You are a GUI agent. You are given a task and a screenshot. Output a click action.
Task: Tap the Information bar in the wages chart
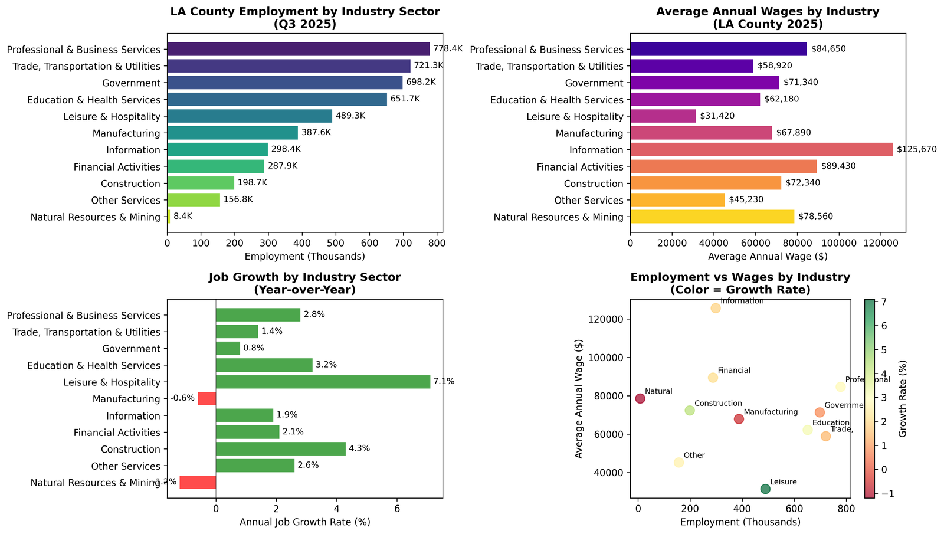(x=761, y=150)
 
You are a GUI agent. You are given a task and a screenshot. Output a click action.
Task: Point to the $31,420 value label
(x=717, y=116)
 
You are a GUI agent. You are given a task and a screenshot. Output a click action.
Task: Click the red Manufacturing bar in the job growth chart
(x=206, y=399)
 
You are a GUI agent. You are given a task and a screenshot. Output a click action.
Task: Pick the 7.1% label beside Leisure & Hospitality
(x=444, y=382)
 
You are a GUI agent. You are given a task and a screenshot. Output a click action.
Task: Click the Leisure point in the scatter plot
(x=765, y=489)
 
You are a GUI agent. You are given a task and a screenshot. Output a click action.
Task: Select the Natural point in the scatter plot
(x=640, y=398)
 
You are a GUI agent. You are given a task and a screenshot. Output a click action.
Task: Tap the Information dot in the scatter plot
(x=716, y=308)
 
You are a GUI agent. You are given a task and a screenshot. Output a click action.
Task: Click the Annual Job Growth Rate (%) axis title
(x=304, y=522)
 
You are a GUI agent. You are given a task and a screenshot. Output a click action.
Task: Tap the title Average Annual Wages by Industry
(x=768, y=12)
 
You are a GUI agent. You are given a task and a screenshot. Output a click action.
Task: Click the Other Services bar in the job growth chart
(x=255, y=466)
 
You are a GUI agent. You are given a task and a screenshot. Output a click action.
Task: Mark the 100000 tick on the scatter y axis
(x=609, y=358)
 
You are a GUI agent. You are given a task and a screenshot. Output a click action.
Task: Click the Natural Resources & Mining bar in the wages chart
(x=712, y=217)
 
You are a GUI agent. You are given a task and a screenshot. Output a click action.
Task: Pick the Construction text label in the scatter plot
(x=718, y=404)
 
